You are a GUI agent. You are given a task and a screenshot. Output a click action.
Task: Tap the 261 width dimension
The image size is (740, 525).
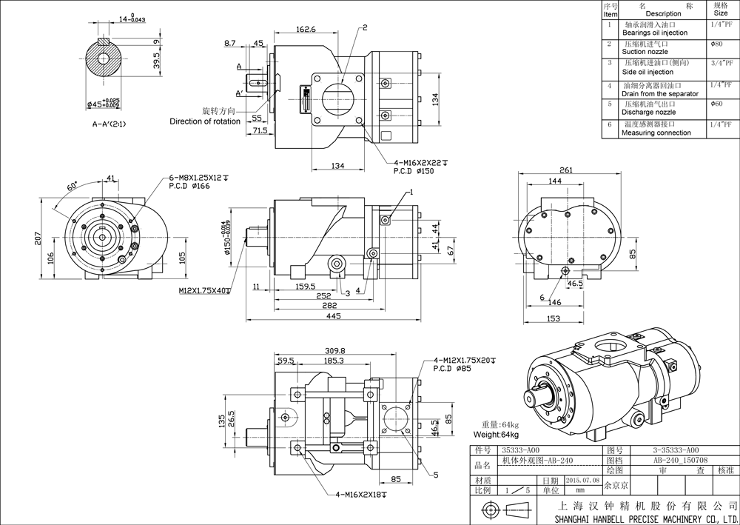565,170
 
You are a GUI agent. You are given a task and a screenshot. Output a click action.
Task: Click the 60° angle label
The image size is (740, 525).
73,187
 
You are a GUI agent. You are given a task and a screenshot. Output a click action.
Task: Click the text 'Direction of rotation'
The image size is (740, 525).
205,121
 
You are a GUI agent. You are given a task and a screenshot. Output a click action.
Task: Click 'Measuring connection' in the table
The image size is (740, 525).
656,133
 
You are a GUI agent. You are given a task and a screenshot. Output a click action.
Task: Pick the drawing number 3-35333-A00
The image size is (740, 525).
674,449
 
